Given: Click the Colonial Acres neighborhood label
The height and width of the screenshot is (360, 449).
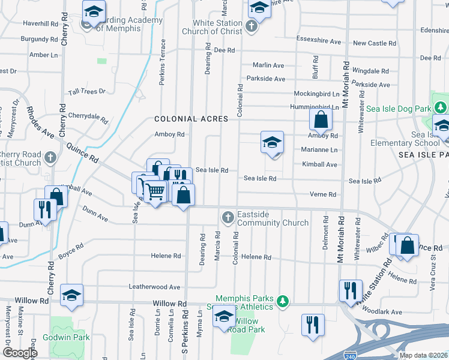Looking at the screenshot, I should (x=191, y=119).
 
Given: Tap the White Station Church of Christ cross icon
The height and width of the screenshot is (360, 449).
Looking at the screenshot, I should (x=252, y=26).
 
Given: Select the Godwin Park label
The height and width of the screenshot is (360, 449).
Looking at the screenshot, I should (x=70, y=337).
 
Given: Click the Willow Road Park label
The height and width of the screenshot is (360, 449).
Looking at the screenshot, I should (x=247, y=325).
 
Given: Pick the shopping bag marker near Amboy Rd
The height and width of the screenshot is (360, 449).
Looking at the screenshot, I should (x=321, y=119).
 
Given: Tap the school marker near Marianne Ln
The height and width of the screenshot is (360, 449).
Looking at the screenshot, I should (x=273, y=143).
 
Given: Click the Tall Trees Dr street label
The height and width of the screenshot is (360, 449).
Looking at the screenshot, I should (x=86, y=91).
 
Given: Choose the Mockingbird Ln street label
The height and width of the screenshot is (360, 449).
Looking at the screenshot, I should (x=316, y=94).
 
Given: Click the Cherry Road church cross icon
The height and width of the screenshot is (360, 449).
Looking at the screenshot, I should (x=50, y=158).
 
